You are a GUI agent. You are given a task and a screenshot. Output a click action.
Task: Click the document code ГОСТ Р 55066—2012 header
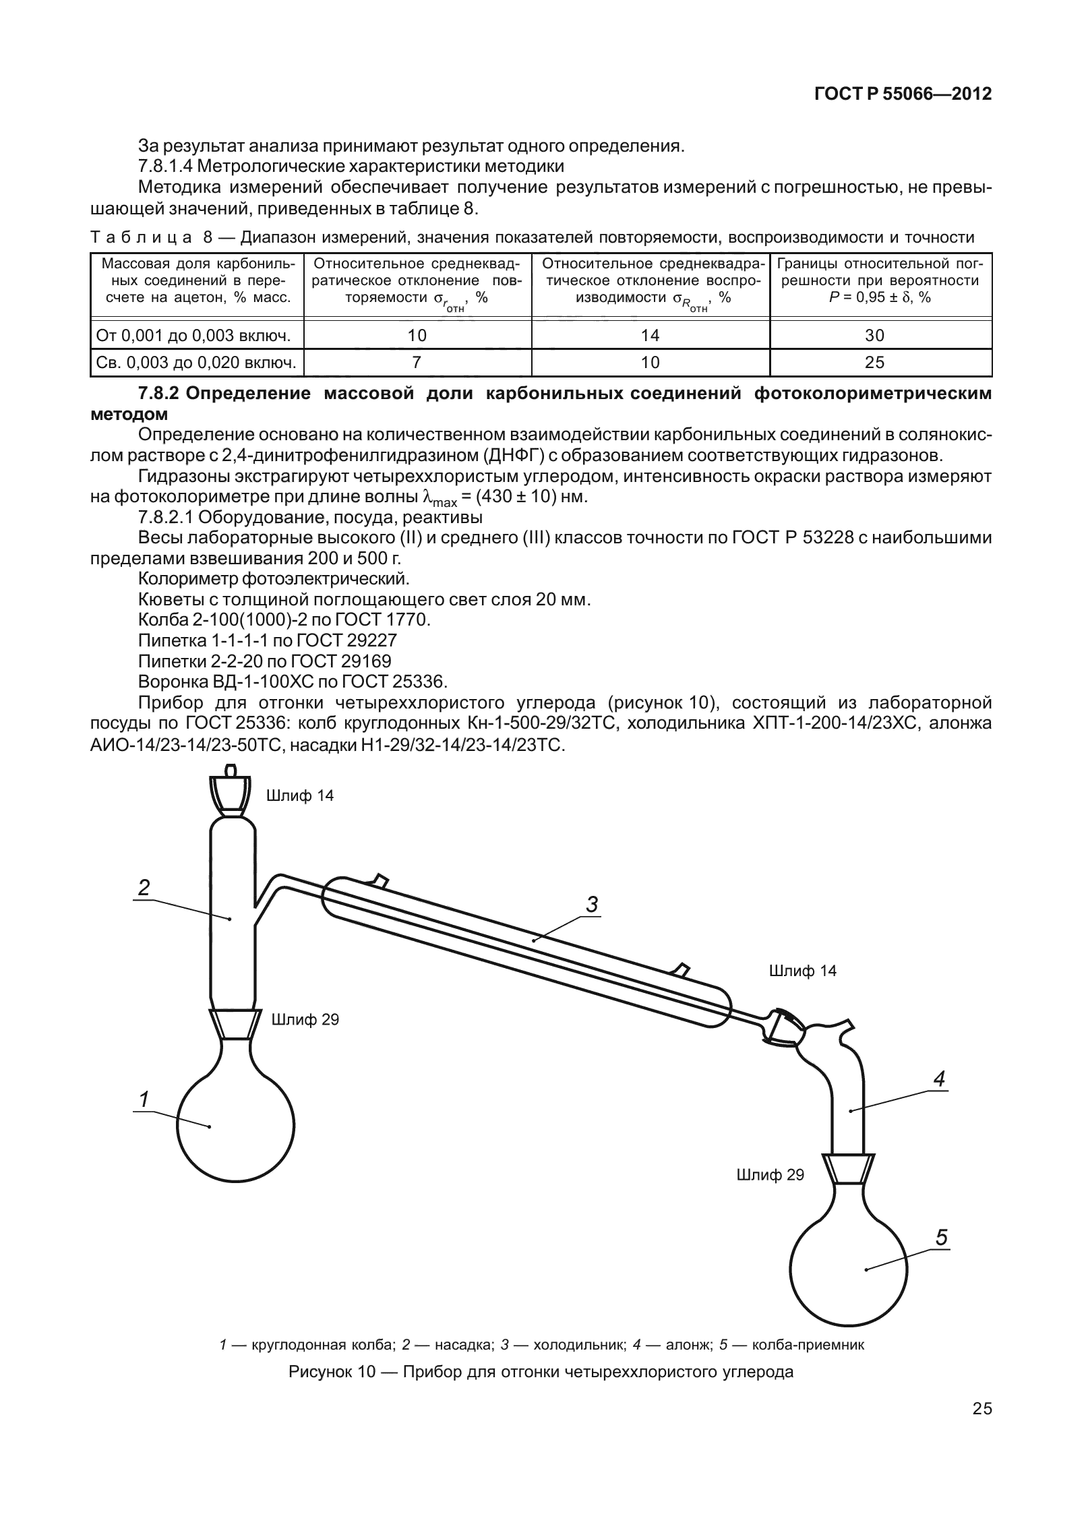point(903,94)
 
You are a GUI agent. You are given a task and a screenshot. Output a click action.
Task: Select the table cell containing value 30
point(880,334)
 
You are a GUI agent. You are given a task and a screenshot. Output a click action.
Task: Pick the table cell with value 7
point(417,362)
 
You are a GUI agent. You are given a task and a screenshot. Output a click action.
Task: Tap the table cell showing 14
point(650,334)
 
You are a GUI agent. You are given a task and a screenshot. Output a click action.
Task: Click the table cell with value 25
point(880,362)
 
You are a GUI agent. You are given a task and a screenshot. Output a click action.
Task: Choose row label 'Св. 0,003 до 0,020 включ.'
point(196,363)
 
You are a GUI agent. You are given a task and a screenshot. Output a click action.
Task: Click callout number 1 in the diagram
point(143,1099)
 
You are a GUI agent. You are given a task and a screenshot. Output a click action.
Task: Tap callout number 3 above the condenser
point(592,904)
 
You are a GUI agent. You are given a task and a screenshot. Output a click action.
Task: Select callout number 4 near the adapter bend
point(940,1079)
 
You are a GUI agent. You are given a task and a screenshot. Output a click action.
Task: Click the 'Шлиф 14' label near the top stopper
point(300,796)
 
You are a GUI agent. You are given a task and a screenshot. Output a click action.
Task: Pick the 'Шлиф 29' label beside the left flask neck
point(305,1020)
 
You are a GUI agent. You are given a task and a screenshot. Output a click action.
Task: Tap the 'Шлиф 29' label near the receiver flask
point(770,1175)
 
